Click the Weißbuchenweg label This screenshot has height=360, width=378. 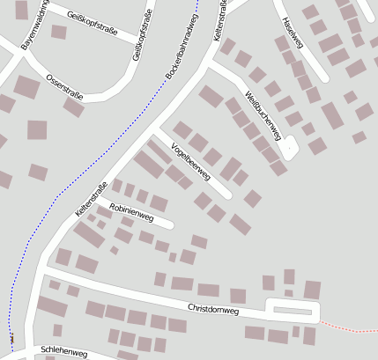coord(263,115)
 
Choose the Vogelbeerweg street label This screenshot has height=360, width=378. coord(190,162)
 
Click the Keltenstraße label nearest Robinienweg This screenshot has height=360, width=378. coord(92,200)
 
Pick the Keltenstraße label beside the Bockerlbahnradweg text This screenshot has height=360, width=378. coord(220,19)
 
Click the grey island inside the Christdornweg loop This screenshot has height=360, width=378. coord(293,310)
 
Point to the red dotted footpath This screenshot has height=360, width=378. coord(348,327)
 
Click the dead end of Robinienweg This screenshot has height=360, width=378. coord(169,224)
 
